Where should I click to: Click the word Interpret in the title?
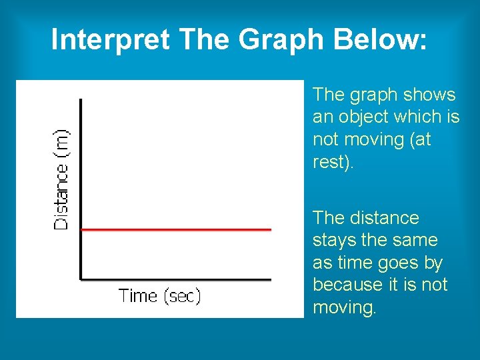pos(109,40)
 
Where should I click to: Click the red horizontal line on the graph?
pos(177,229)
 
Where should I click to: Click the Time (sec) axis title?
pos(159,296)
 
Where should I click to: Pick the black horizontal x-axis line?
pos(177,279)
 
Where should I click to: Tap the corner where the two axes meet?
pos(81,279)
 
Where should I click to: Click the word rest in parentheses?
pos(329,162)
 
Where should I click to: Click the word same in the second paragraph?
pos(416,241)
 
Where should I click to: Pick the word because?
pos(345,285)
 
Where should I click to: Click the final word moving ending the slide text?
pos(343,308)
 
